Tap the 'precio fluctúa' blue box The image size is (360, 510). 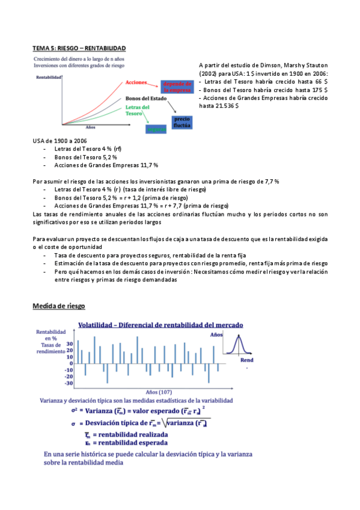coord(182,123)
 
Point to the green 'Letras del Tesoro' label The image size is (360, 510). coord(138,110)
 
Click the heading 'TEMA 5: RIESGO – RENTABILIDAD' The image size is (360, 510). coord(79,48)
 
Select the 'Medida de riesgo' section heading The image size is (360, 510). coord(59,306)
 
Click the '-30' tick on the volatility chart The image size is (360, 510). coord(69,383)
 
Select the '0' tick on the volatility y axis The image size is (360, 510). coord(71,363)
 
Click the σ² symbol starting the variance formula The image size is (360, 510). coord(74,411)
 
